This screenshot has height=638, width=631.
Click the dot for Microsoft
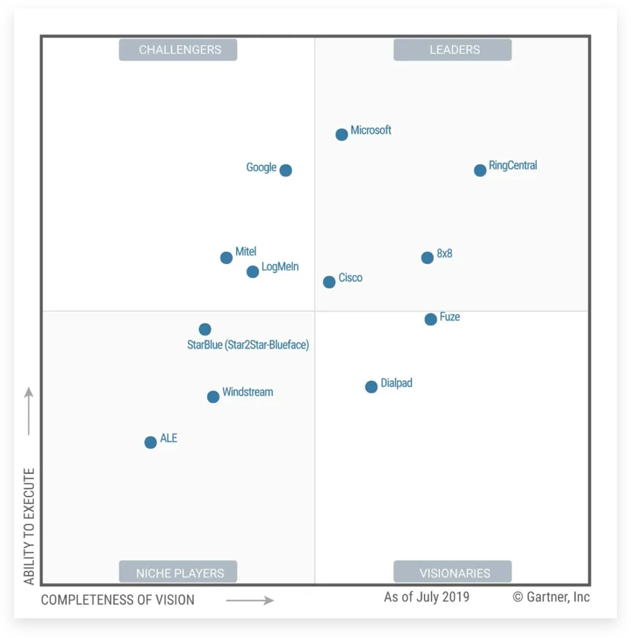(342, 135)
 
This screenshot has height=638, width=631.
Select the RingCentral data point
(480, 170)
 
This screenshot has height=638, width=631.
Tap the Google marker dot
(285, 170)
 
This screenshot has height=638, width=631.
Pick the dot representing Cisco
(329, 282)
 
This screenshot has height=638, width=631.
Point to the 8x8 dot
(427, 258)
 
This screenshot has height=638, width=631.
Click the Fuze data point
(430, 320)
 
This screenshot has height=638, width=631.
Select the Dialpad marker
(371, 387)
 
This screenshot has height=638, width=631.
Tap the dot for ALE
(150, 443)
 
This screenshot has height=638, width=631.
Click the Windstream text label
(247, 392)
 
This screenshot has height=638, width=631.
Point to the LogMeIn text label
(280, 267)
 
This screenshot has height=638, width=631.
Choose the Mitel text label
(246, 251)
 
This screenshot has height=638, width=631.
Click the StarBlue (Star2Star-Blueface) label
(248, 345)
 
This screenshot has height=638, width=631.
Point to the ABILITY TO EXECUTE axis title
(30, 526)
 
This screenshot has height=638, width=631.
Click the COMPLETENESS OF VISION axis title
(118, 600)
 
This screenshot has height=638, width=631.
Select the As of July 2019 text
(426, 597)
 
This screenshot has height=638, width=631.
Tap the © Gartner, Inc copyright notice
(551, 597)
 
